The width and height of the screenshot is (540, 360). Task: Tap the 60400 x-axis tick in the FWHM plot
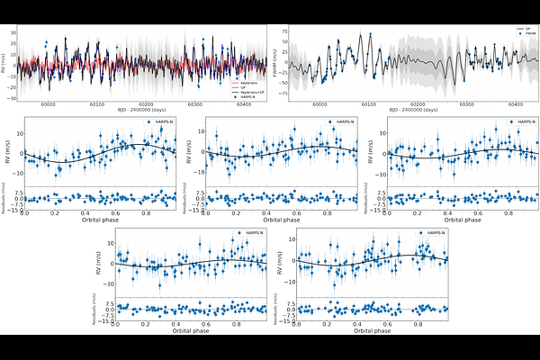(x=516, y=103)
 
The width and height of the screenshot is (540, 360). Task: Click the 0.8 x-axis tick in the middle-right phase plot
(x=508, y=212)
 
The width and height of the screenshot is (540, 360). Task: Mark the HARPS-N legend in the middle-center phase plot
(x=339, y=121)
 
